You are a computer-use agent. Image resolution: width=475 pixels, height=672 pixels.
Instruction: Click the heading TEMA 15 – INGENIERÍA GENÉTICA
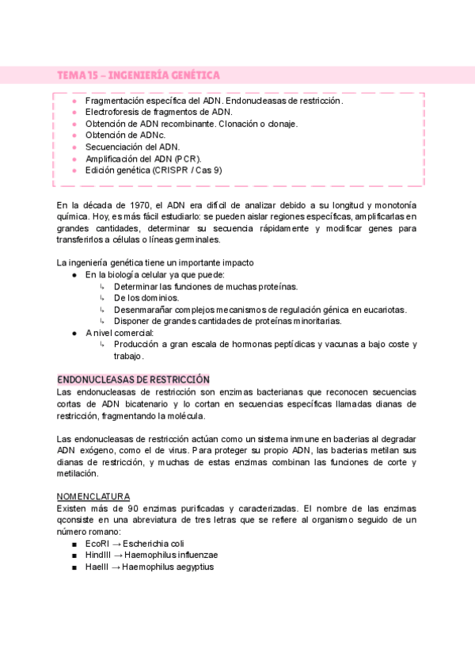tap(139, 75)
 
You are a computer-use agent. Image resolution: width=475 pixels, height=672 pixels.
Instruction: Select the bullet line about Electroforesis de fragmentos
tap(158, 113)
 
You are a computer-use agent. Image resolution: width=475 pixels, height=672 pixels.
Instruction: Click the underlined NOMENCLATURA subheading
tap(93, 495)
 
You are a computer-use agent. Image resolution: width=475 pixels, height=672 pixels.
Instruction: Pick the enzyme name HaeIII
tap(99, 567)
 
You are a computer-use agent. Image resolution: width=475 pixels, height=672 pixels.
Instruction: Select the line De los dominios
tap(146, 298)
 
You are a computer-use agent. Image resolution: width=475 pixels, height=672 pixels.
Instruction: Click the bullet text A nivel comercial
tap(120, 333)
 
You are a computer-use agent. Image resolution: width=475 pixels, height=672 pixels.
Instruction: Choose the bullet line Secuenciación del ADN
tap(132, 147)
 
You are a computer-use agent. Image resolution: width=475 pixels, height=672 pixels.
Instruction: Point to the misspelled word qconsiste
tap(77, 519)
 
